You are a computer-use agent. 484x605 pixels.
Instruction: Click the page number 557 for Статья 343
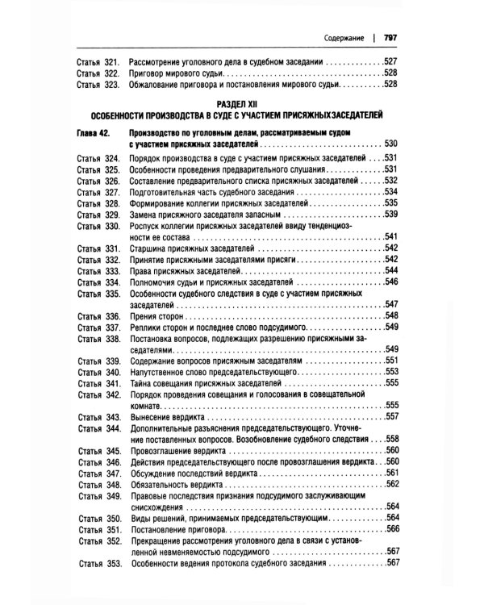point(393,418)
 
